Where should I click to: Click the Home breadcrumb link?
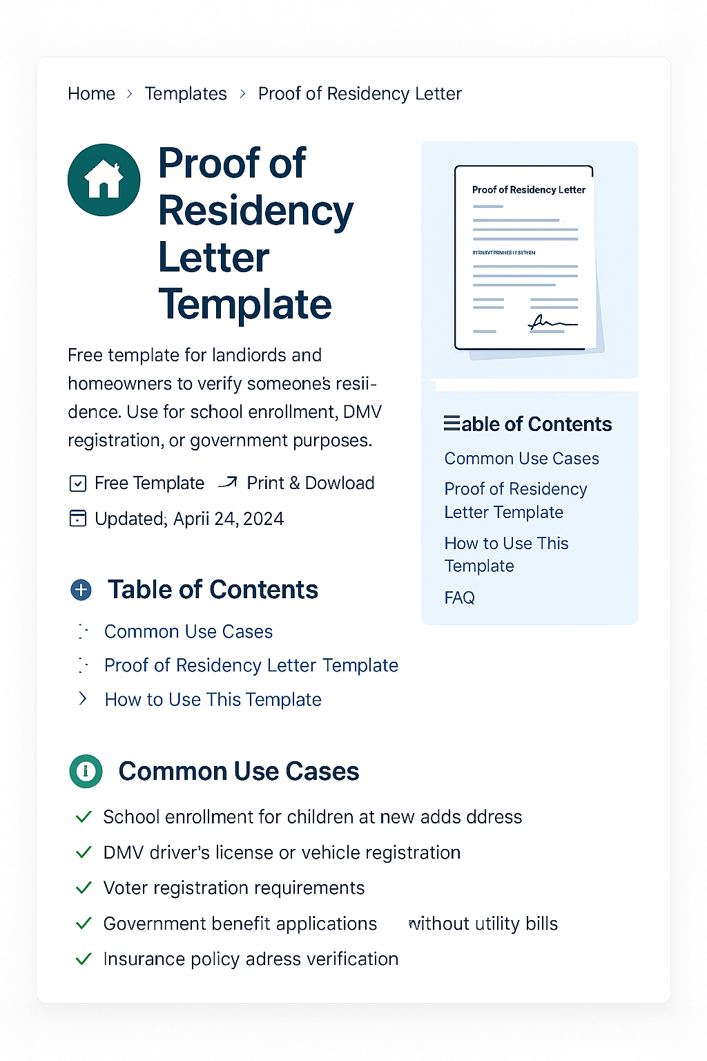click(91, 94)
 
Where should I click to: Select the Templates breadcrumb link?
click(186, 94)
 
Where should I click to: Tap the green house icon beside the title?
click(104, 180)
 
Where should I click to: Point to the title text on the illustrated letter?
click(528, 190)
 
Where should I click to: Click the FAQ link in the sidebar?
click(459, 598)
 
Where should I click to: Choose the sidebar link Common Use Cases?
click(521, 459)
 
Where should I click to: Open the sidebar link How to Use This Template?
click(506, 555)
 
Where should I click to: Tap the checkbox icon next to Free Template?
click(78, 484)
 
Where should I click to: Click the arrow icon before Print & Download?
click(228, 483)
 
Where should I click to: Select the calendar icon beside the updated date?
click(78, 519)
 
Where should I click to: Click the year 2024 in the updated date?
click(263, 519)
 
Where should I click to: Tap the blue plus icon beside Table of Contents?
click(81, 590)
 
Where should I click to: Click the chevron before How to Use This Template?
click(83, 699)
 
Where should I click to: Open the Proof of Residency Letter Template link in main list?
click(251, 665)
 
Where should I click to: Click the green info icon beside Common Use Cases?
click(86, 771)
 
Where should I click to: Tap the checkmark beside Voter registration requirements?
click(84, 888)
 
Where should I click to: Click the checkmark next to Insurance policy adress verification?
click(84, 959)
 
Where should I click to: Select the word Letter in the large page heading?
click(213, 258)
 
